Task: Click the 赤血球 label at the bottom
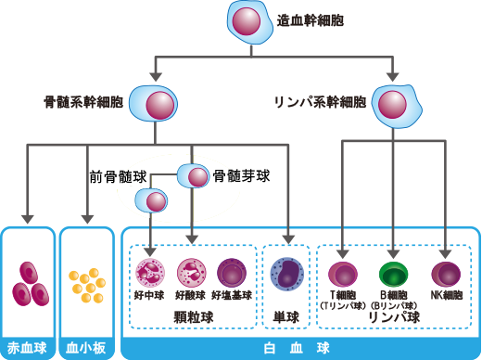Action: click(28, 350)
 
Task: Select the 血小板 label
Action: click(86, 350)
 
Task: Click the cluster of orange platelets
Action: click(86, 284)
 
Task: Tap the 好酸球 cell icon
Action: click(191, 273)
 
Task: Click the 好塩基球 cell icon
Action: click(231, 273)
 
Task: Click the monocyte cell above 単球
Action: click(285, 275)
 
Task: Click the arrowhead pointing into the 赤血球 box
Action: click(28, 220)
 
